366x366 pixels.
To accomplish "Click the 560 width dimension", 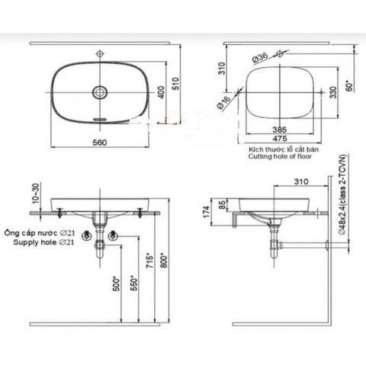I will coord(99,143).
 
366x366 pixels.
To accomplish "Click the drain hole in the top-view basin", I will coord(98,92).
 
